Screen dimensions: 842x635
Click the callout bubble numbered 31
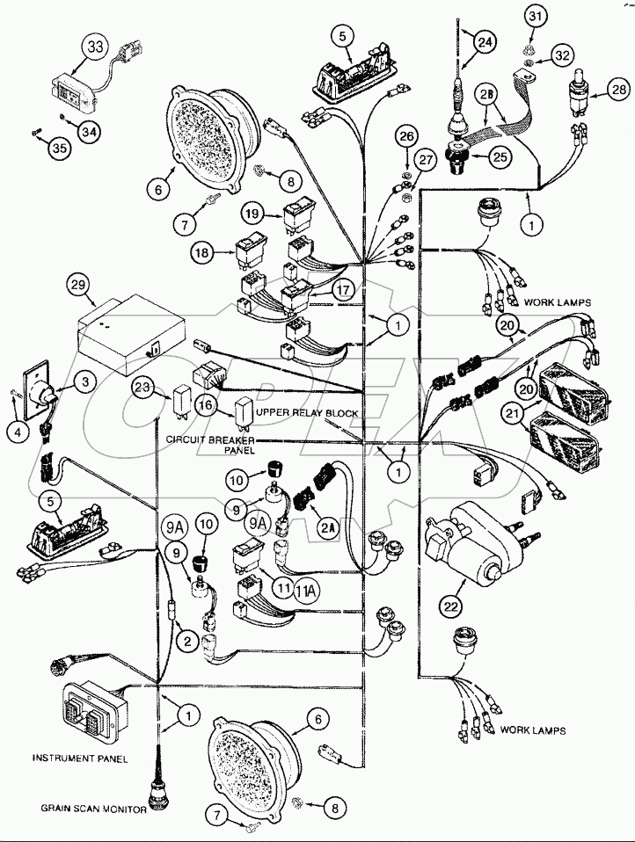coord(536,16)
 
